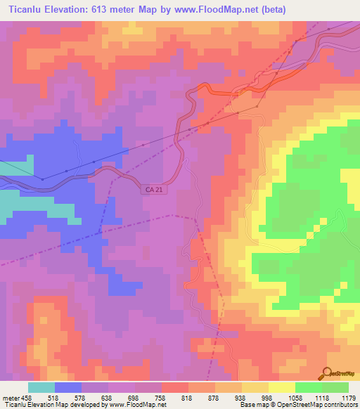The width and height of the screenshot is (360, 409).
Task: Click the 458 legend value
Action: (28, 397)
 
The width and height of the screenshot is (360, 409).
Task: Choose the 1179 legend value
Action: (348, 397)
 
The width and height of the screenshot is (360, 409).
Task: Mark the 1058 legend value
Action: (295, 397)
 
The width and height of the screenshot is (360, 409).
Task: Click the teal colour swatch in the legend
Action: (41, 387)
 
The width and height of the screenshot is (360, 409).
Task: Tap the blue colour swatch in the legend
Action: (68, 387)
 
